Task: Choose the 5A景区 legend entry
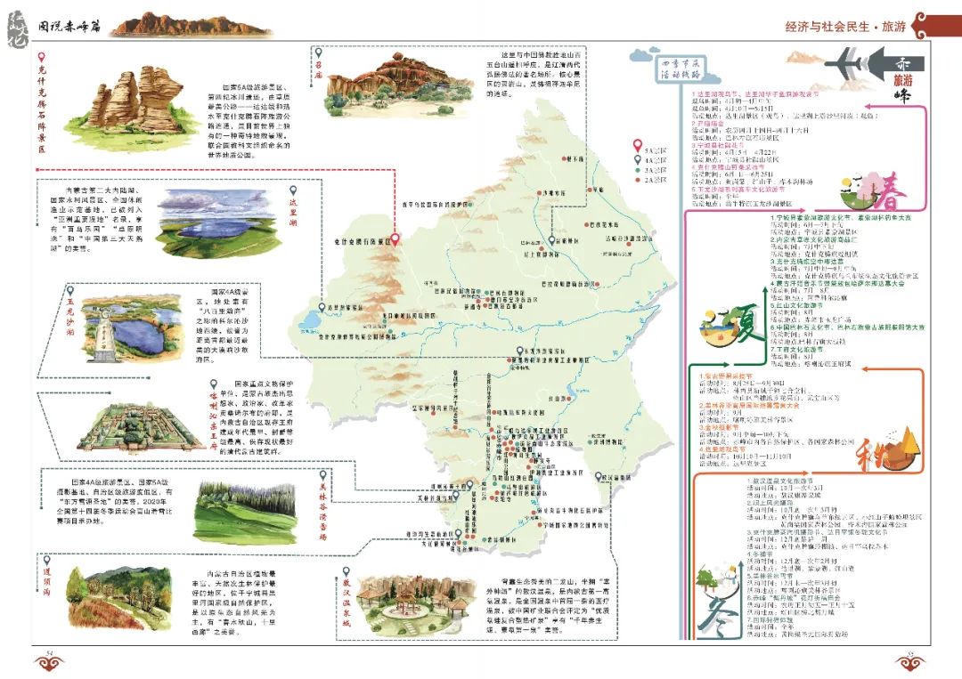click(649, 143)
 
